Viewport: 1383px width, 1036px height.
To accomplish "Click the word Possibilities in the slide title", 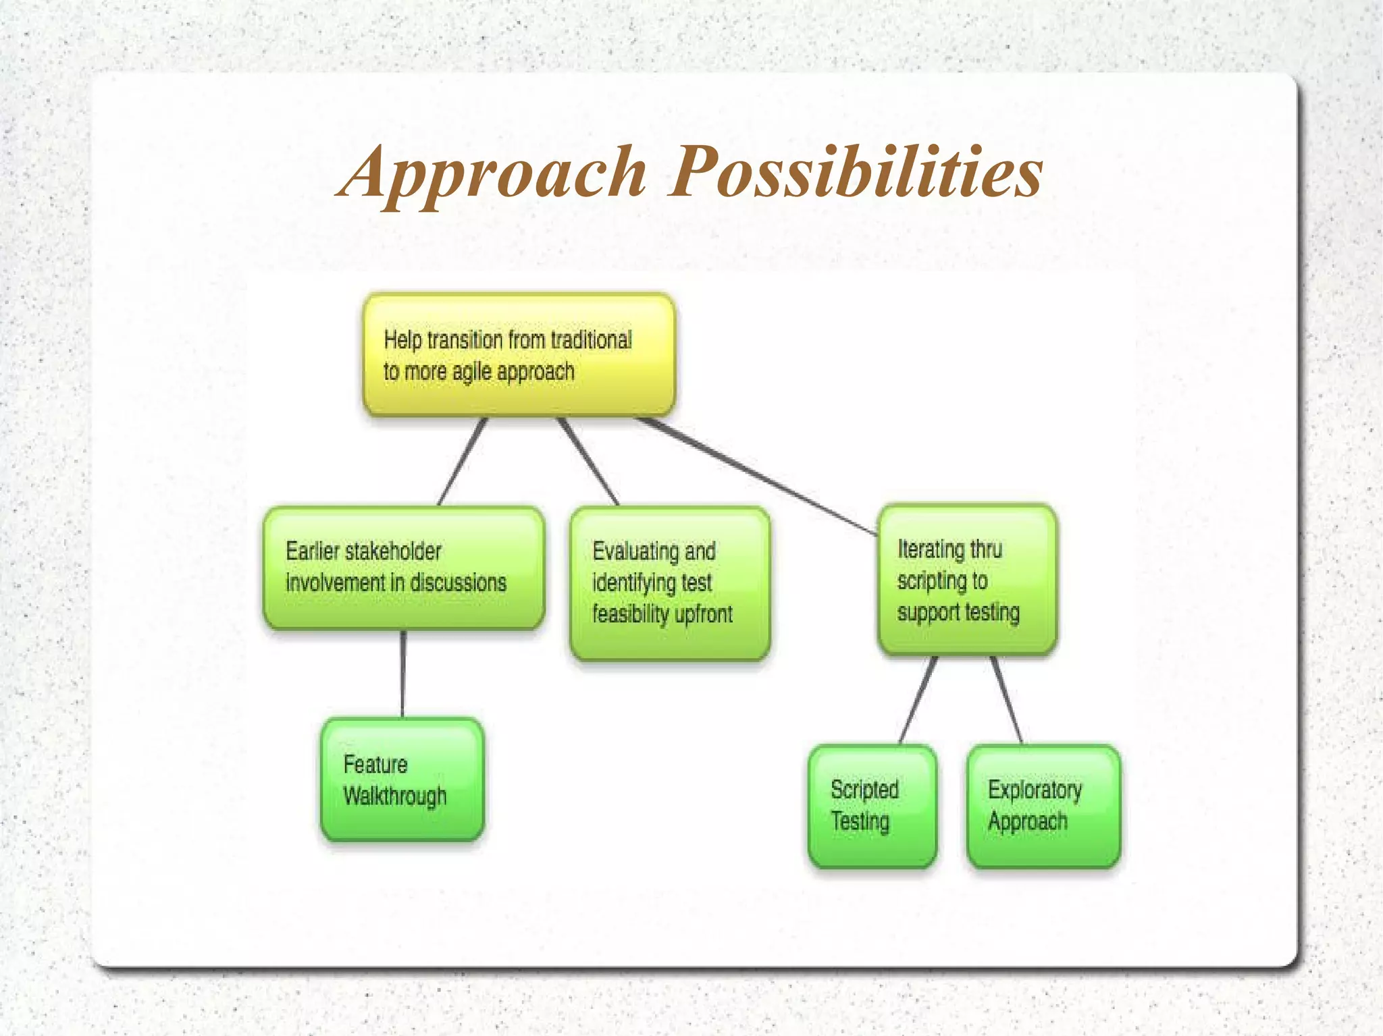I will point(856,172).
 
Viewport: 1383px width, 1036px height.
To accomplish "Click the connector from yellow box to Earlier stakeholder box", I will point(463,462).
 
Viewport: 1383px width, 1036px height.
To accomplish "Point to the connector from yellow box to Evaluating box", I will point(588,462).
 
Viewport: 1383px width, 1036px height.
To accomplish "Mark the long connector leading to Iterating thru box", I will point(756,476).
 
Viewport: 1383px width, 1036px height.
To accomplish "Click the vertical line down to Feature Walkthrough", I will point(403,674).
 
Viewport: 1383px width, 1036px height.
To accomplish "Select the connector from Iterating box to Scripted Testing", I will point(918,700).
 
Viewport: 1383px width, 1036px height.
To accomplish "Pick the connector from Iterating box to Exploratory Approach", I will point(1006,700).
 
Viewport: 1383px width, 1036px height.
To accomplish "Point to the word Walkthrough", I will point(394,796).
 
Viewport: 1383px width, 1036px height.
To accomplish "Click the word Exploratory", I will point(1035,790).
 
